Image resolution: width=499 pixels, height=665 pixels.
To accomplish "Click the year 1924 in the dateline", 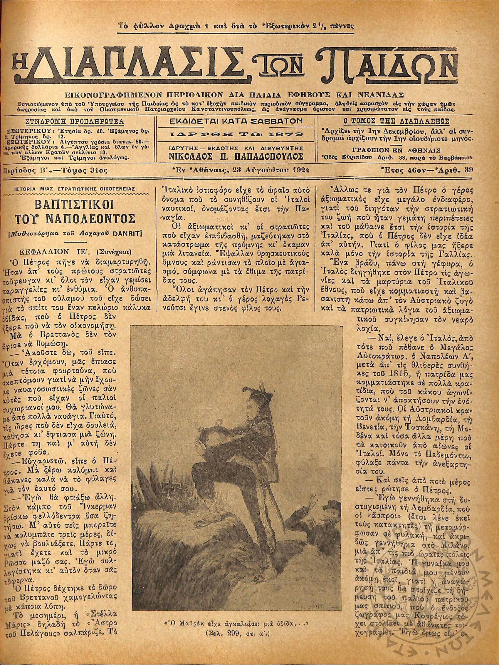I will pyautogui.click(x=299, y=171).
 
